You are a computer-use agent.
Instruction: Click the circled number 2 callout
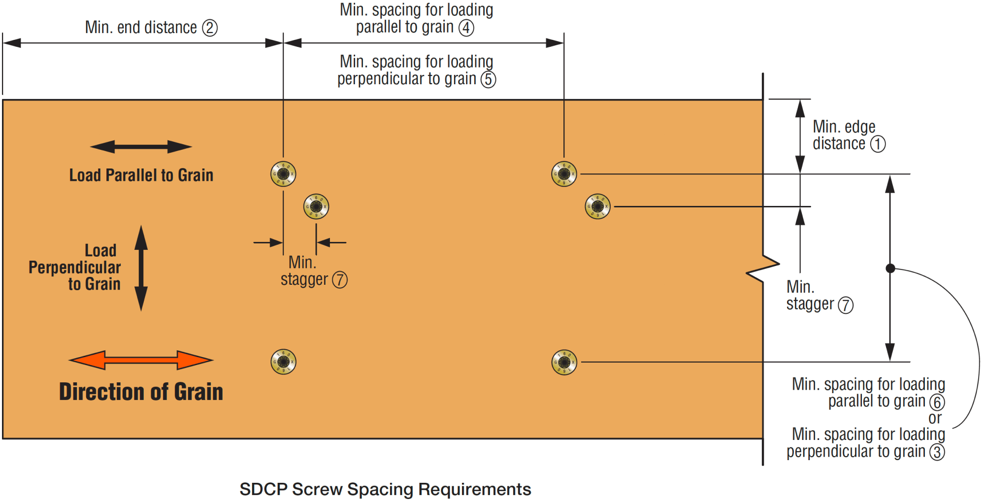point(210,28)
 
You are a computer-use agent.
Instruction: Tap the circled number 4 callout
point(466,28)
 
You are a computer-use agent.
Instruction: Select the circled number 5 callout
point(488,79)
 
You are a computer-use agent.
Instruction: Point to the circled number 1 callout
point(878,144)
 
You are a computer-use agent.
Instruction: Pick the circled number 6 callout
point(937,402)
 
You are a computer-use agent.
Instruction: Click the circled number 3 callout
point(937,452)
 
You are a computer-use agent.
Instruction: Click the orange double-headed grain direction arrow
point(141,360)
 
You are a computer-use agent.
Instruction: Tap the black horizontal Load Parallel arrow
point(141,147)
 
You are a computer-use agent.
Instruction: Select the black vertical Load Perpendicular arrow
point(141,268)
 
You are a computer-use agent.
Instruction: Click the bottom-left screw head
point(283,362)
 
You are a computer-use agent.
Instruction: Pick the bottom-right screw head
point(564,362)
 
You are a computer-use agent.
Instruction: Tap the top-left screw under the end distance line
point(283,174)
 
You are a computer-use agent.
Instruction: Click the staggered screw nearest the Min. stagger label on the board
point(316,206)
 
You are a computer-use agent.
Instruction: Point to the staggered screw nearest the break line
point(597,206)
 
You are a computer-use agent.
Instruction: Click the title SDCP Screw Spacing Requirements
point(385,489)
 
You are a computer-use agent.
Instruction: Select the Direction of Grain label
point(141,392)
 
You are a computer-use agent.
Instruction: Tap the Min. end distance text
point(141,28)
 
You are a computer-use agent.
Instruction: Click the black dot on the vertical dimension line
point(890,268)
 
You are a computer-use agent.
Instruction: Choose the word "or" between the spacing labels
point(935,418)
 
